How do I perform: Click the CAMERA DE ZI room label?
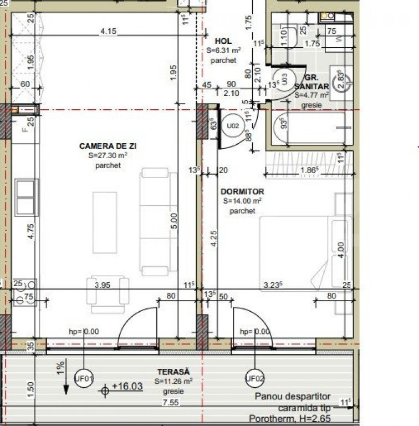click(108, 146)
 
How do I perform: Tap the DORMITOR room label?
click(243, 191)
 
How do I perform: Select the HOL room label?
click(224, 41)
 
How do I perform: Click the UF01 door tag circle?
click(84, 379)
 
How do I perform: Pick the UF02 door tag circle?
click(254, 379)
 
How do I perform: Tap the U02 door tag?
click(233, 126)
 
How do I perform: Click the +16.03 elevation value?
click(127, 386)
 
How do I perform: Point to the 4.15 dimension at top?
click(108, 32)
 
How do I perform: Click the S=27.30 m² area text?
click(108, 156)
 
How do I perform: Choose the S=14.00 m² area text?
click(243, 201)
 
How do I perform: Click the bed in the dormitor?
click(305, 252)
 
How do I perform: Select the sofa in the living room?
click(156, 222)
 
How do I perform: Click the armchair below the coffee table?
click(108, 293)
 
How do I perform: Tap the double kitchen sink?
click(26, 197)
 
